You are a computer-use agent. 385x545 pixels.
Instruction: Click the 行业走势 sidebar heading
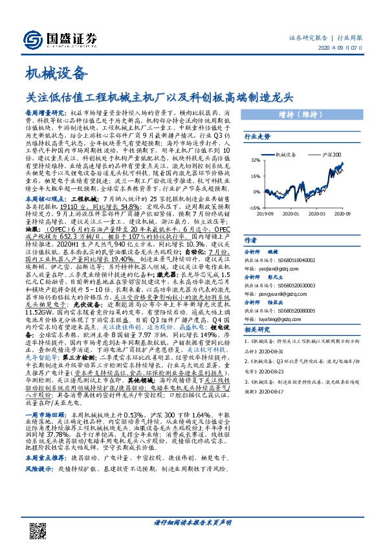(x=256, y=137)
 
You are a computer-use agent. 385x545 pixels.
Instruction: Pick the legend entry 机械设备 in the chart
(x=278, y=155)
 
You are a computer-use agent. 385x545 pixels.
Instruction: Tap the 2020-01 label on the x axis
(x=291, y=213)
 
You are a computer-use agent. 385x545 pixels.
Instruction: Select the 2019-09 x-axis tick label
(x=265, y=213)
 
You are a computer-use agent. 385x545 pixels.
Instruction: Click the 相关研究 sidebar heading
(x=256, y=329)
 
